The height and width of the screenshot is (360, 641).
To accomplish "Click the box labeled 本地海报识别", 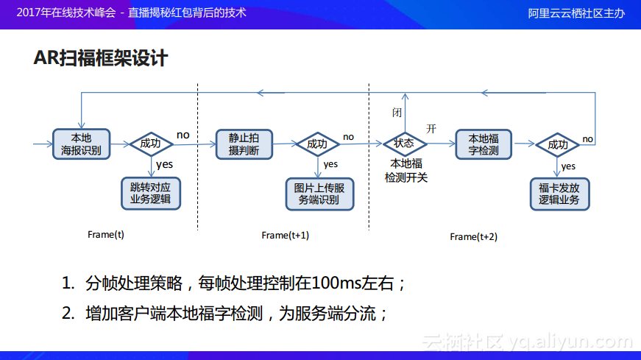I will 81,144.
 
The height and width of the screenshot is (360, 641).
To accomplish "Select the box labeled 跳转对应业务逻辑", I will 150,193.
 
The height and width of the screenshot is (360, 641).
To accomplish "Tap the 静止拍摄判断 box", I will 244,144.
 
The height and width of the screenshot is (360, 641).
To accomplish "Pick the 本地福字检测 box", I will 484,144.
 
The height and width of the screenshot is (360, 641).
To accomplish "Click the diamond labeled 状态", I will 403,144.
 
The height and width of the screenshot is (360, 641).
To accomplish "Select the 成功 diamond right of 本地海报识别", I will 150,144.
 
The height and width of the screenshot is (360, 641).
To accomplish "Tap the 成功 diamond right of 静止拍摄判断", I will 317,144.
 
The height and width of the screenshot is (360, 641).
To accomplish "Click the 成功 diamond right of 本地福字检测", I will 559,144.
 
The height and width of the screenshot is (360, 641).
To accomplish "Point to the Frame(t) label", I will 106,235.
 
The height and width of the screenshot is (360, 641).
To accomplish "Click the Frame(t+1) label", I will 285,236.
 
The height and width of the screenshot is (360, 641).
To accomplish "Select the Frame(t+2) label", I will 473,236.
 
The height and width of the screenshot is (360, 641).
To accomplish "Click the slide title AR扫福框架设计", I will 101,58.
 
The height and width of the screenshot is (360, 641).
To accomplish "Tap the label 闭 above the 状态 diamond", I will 397,112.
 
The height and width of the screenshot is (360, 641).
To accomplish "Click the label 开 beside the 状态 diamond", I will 431,129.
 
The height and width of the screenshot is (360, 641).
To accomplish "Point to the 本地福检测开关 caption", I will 406,170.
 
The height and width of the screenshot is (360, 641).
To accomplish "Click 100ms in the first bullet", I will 335,283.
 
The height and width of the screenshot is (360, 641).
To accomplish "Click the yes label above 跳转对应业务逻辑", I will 164,164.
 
